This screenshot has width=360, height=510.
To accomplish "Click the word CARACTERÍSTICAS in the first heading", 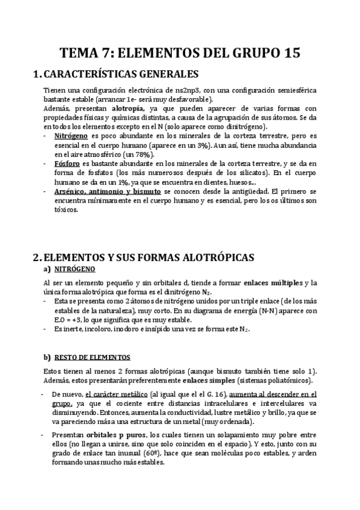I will click(x=90, y=75).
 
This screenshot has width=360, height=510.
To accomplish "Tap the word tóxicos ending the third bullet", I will click(x=66, y=210).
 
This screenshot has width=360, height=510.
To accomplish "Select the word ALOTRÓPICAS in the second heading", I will click(x=213, y=257).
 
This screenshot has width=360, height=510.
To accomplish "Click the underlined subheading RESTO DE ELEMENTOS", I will click(x=97, y=357).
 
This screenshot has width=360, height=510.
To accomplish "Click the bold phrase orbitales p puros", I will click(x=108, y=434).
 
